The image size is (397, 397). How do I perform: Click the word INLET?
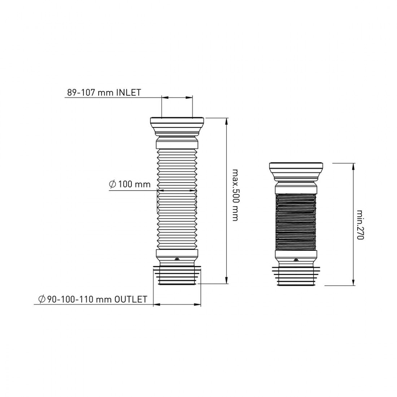click(x=128, y=92)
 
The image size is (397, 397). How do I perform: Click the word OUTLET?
click(x=131, y=299)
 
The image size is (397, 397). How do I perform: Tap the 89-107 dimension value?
click(x=82, y=92)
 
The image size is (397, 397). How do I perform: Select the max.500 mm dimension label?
click(x=235, y=195)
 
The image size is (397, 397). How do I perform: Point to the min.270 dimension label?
click(x=360, y=224)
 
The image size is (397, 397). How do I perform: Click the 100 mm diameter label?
click(x=134, y=184)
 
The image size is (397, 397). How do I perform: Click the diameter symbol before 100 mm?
click(x=112, y=184)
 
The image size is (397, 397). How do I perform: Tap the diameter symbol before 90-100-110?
click(x=42, y=299)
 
